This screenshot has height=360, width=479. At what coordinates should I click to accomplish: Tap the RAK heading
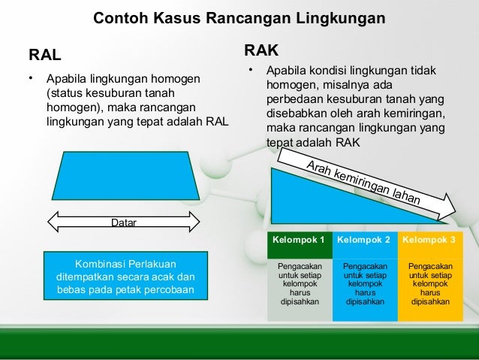[261, 50]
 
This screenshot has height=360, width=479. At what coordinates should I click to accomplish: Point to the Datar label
[124, 223]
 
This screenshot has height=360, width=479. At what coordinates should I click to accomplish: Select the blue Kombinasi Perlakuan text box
[125, 277]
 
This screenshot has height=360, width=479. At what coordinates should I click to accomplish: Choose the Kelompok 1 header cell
[300, 241]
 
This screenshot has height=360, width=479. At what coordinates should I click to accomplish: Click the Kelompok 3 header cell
[429, 241]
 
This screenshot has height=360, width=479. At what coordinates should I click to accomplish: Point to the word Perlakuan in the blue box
[147, 263]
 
